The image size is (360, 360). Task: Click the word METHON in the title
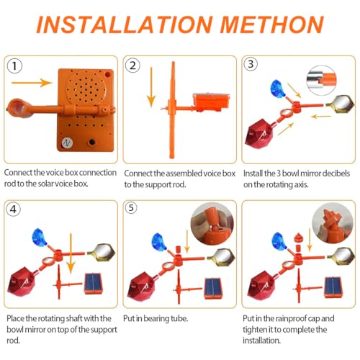click(x=272, y=24)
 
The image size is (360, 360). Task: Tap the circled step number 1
click(x=14, y=66)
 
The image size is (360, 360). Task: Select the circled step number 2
click(x=132, y=66)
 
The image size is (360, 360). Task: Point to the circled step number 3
click(x=251, y=64)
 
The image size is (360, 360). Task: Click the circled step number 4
click(x=14, y=209)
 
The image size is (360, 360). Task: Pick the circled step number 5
click(x=131, y=207)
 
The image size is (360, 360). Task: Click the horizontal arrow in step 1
click(x=32, y=83)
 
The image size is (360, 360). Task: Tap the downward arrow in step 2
click(x=151, y=87)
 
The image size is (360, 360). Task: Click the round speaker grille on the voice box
click(x=86, y=89)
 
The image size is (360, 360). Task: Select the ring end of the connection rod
click(x=17, y=108)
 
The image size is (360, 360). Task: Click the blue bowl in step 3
click(x=277, y=88)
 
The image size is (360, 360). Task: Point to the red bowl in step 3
click(x=258, y=133)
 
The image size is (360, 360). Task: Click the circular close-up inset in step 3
click(x=322, y=80)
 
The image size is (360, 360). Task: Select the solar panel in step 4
click(x=94, y=284)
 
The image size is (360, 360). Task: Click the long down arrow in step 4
click(x=71, y=253)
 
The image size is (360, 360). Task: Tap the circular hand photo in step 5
click(x=212, y=223)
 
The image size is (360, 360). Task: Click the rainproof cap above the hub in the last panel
click(x=298, y=238)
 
